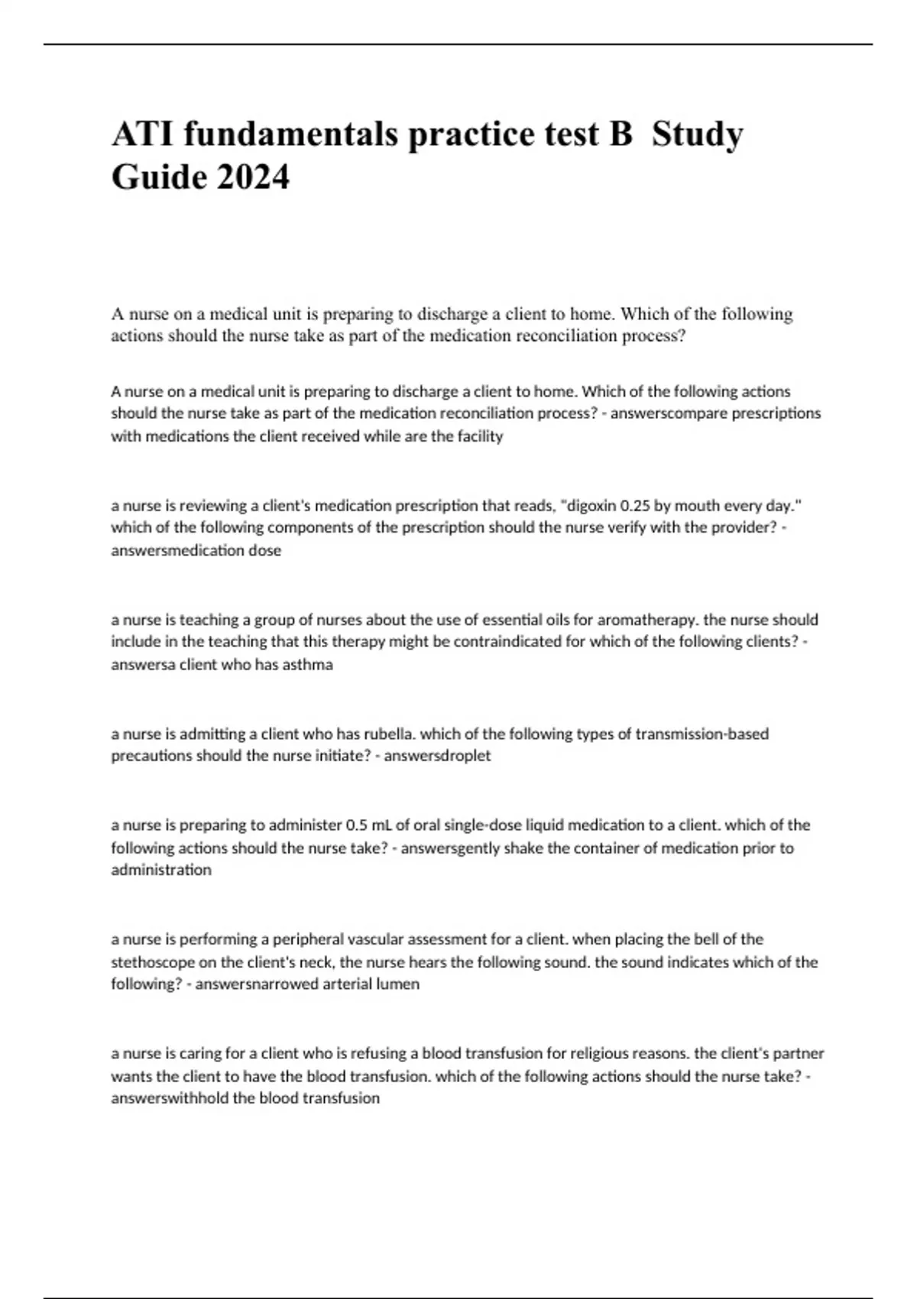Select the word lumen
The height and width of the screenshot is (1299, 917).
400,983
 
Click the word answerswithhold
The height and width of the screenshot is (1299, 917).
170,1098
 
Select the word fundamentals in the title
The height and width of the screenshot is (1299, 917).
290,134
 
